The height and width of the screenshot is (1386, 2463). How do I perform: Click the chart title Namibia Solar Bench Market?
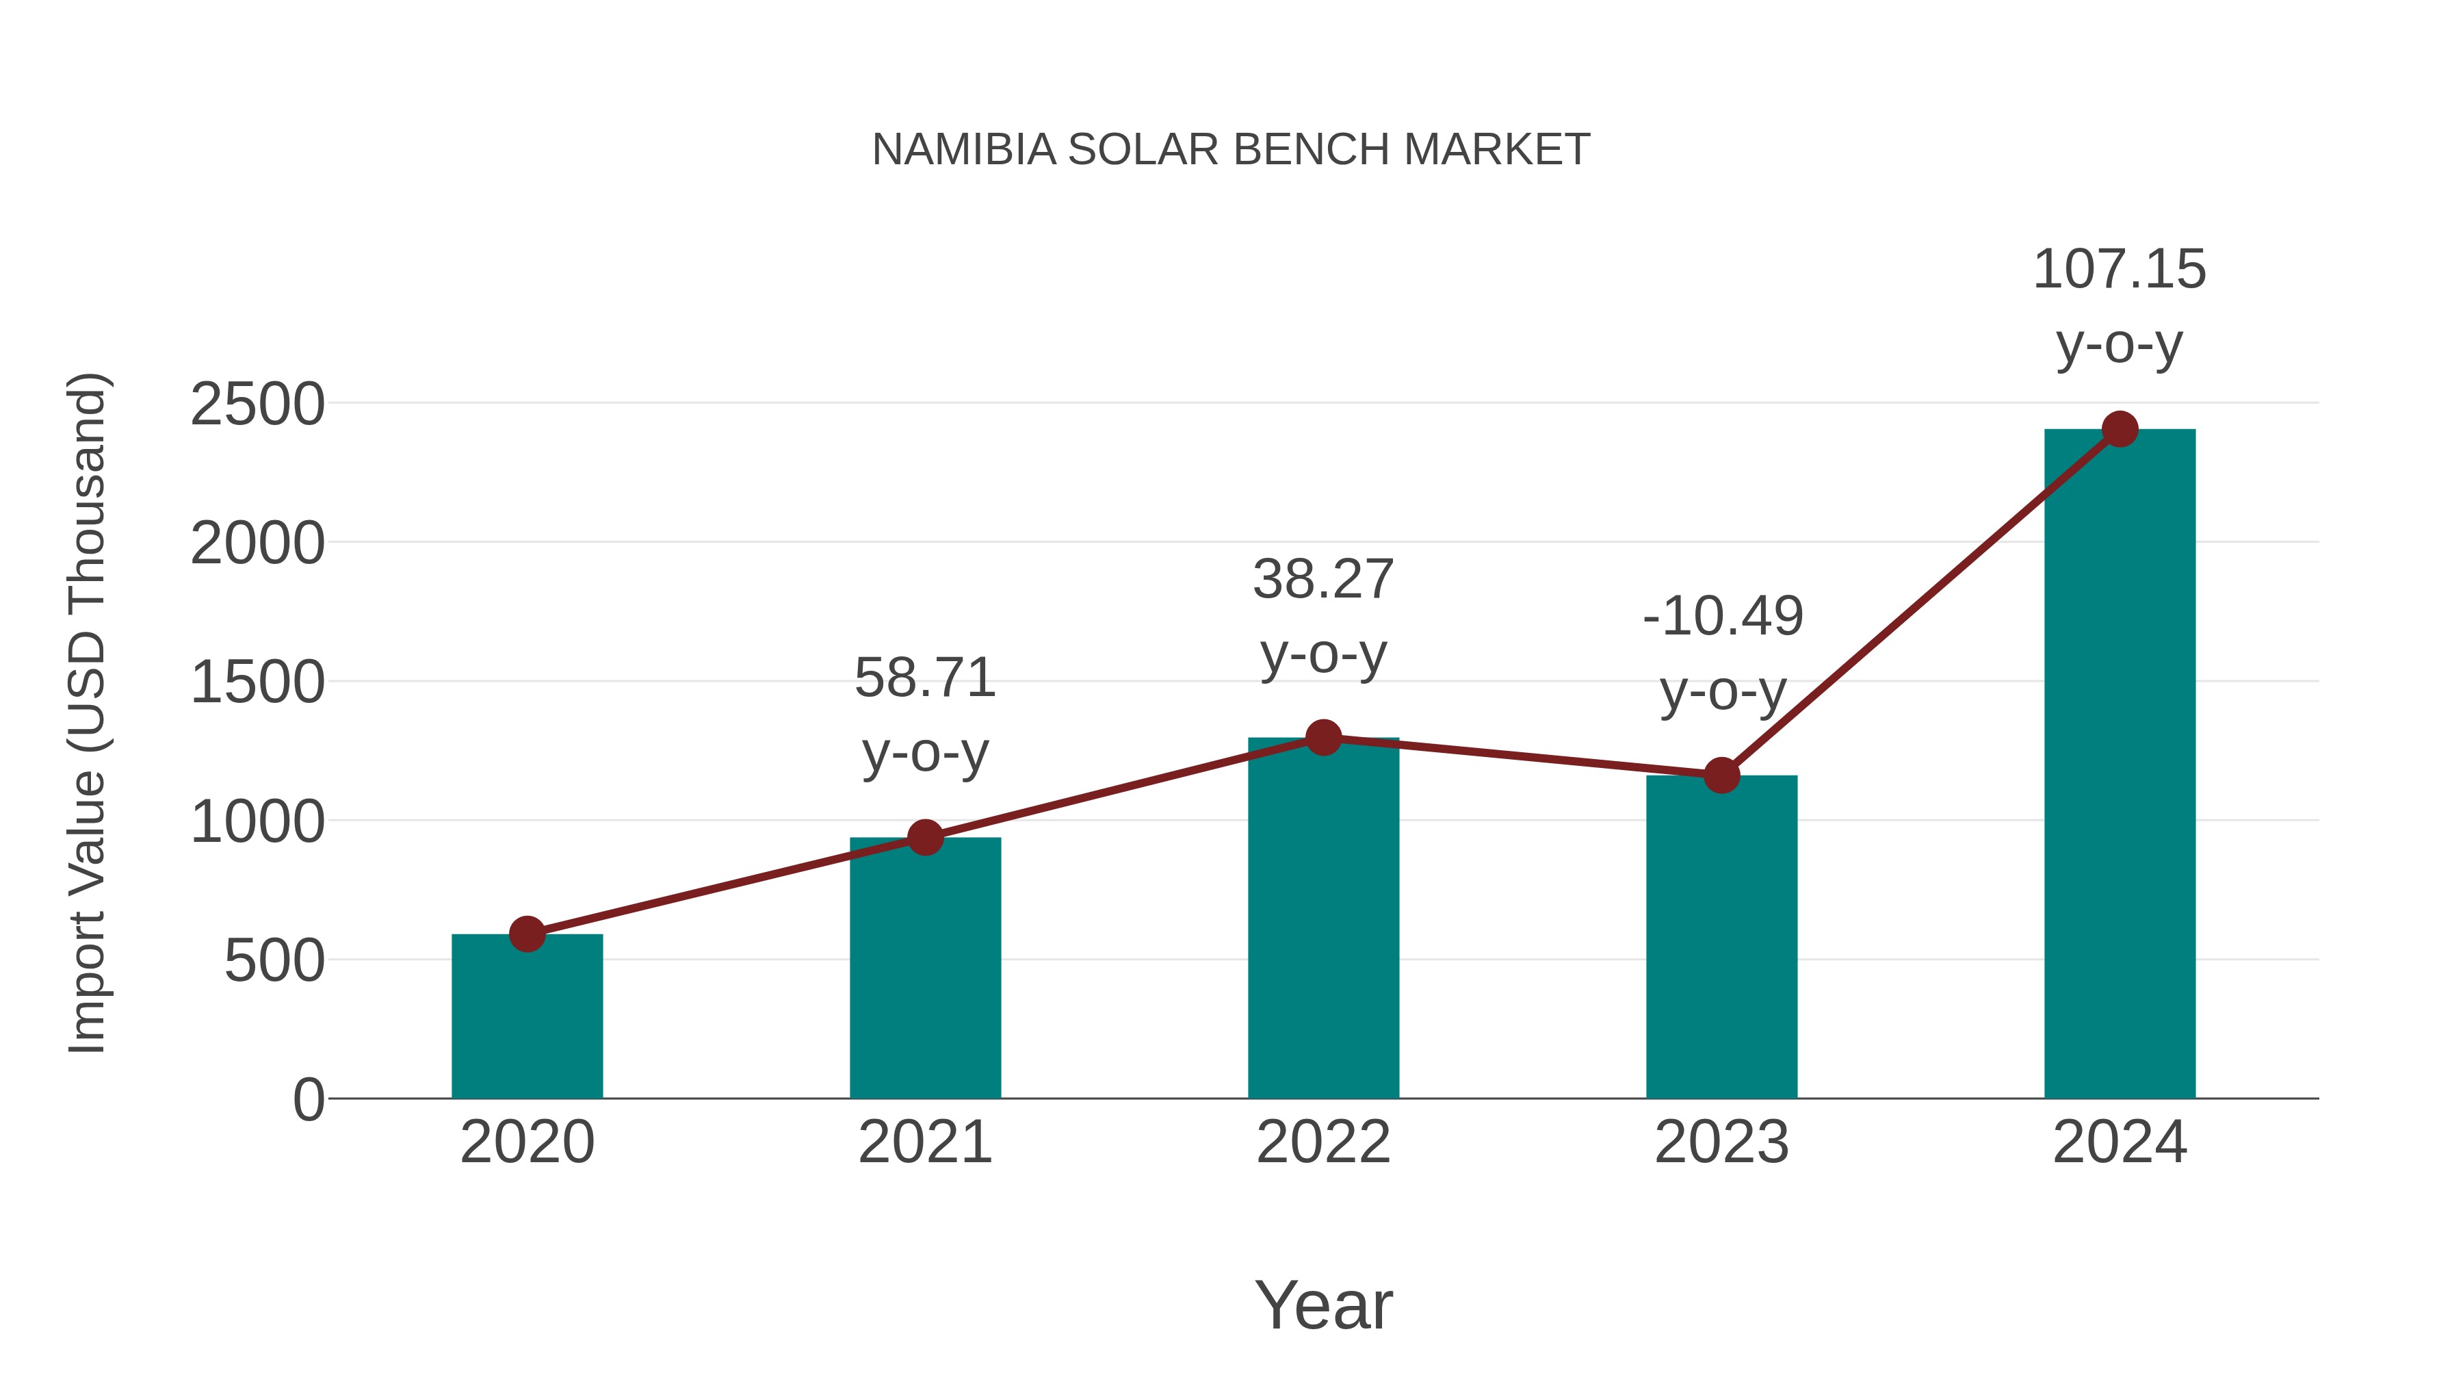(x=1231, y=150)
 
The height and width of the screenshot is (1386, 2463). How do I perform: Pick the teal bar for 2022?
(x=1323, y=919)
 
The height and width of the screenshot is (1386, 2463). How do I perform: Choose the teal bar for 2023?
(x=1721, y=938)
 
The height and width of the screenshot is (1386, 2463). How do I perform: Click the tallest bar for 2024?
(x=2120, y=765)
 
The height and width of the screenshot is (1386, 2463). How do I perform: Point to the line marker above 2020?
(x=527, y=934)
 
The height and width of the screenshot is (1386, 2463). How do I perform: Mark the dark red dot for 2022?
(x=1323, y=737)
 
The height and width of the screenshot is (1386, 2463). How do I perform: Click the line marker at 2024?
(x=2120, y=429)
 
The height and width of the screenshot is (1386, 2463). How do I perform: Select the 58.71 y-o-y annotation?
(x=924, y=715)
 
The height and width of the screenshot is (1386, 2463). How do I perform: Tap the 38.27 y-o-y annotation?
(x=1323, y=616)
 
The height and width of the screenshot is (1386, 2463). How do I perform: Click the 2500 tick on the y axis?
(x=257, y=405)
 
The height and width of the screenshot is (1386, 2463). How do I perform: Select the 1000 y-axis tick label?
(x=257, y=821)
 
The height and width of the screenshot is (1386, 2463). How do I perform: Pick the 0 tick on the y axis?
(x=308, y=1100)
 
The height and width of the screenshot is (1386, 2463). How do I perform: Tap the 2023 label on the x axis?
(x=1721, y=1142)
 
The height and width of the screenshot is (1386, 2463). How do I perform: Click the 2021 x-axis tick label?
(x=924, y=1142)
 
